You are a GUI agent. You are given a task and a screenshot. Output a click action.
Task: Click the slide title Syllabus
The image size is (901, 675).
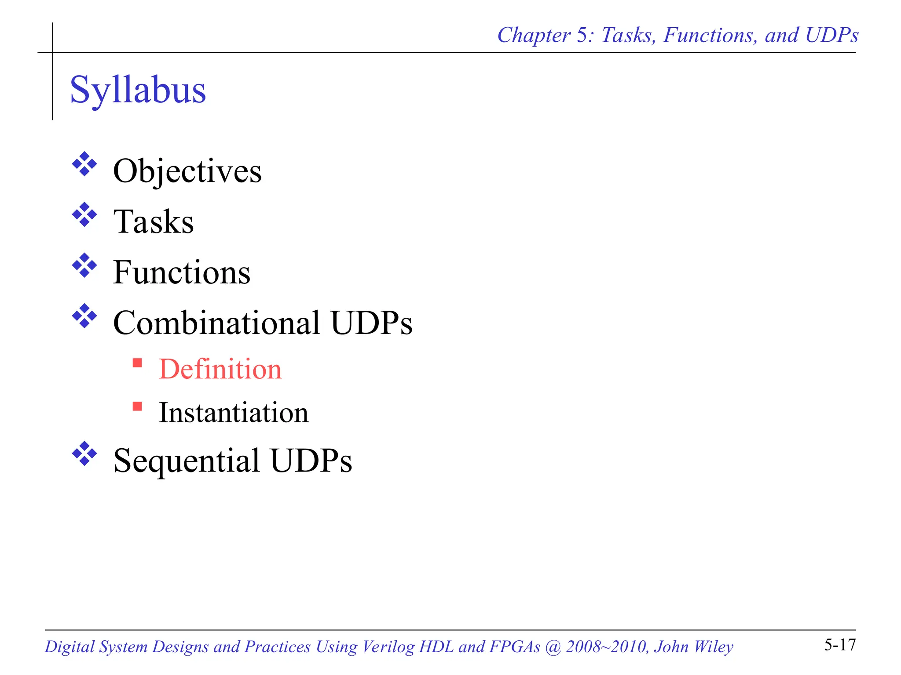138,90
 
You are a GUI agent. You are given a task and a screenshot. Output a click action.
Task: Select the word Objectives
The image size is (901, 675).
187,171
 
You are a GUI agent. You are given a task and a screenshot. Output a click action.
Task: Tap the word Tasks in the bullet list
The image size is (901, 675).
154,221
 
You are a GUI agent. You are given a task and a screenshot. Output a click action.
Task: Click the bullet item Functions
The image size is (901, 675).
182,272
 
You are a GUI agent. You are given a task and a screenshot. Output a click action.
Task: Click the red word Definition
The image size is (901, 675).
220,369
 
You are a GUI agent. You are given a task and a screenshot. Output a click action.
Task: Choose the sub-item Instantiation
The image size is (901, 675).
234,413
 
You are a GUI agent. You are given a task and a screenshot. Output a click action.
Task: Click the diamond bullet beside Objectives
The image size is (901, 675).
84,164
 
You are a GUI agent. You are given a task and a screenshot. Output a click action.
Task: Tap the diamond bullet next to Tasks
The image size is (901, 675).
84,215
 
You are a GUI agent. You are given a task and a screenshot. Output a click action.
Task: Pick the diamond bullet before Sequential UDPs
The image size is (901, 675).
84,454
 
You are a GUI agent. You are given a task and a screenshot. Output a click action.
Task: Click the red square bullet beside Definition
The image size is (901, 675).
137,363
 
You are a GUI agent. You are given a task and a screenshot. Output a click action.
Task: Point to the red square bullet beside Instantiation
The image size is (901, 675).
137,406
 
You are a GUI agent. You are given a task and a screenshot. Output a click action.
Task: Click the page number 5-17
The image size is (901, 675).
840,645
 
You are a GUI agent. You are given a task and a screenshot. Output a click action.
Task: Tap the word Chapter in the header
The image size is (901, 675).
534,36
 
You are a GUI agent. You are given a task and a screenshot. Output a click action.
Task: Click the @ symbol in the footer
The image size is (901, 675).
553,647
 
